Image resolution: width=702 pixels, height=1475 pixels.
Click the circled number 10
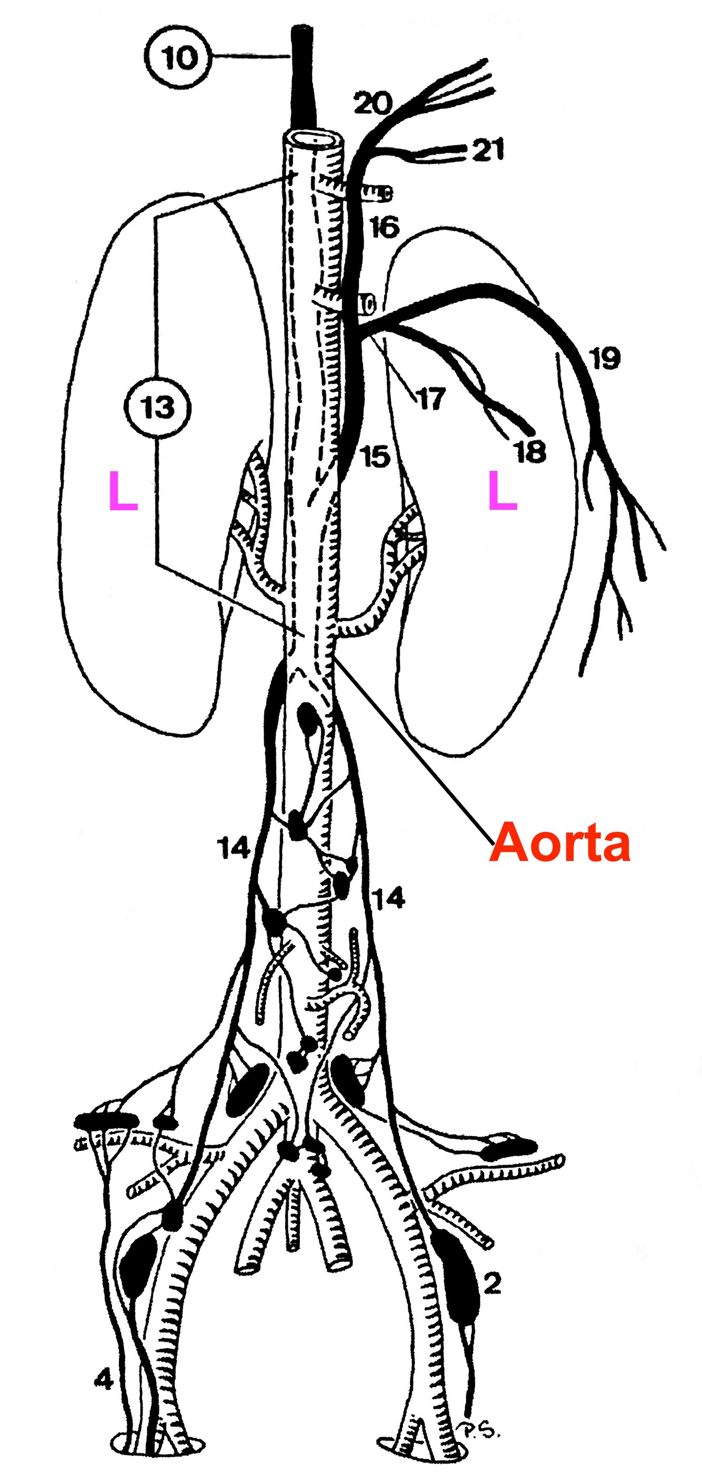click(x=178, y=57)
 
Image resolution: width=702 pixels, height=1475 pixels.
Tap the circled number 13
click(x=157, y=408)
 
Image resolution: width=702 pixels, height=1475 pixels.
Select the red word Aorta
click(x=559, y=842)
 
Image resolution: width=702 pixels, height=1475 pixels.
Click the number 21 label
click(x=488, y=150)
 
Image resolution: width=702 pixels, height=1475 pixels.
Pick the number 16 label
click(x=384, y=227)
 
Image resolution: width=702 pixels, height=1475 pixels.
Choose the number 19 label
click(x=604, y=359)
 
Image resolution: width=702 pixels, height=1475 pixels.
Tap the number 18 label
click(x=529, y=452)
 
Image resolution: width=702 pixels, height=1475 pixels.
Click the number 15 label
click(x=375, y=457)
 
